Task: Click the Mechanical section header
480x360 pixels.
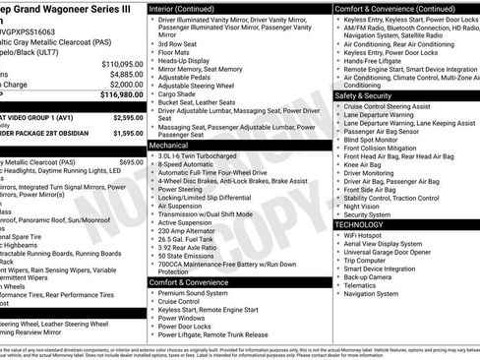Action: coord(168,145)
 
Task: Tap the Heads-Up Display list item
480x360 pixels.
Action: coord(184,61)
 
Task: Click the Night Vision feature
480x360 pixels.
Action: coord(363,206)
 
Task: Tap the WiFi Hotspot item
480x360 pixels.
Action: coord(365,236)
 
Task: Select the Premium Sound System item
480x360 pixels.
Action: coord(193,292)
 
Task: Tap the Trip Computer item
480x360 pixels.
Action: coord(370,261)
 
